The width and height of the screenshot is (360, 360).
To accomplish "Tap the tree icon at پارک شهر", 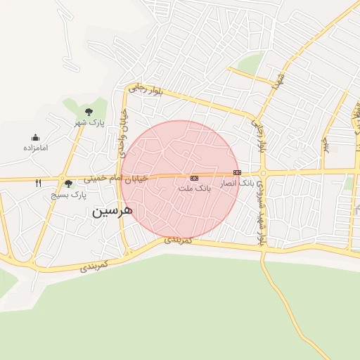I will (89, 112).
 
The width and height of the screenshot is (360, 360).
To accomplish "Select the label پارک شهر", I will (90, 123).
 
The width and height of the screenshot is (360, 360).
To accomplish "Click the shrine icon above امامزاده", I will (35, 138).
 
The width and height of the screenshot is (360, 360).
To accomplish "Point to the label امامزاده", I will (35, 148).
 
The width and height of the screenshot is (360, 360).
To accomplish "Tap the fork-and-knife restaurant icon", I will (38, 183).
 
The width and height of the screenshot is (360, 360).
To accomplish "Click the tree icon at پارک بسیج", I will (68, 184).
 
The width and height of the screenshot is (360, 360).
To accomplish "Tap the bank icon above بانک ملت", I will (194, 179).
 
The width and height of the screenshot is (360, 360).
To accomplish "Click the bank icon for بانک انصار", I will (237, 172).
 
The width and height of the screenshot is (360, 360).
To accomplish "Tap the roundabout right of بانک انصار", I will (262, 173).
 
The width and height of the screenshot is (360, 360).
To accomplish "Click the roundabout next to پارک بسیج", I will (63, 177).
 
